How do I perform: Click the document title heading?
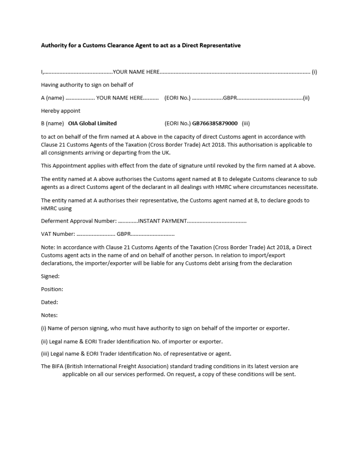141,45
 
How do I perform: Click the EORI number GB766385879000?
215,123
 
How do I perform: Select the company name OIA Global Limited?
92,123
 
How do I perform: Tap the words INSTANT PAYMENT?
162,221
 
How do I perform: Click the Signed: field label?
50,276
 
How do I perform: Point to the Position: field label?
52,289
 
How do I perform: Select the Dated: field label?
49,302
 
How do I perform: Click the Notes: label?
49,315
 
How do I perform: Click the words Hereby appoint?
61,111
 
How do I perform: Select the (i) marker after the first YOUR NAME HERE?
314,72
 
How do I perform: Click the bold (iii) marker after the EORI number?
246,123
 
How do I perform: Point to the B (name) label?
52,123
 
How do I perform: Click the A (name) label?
52,98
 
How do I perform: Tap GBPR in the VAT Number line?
124,234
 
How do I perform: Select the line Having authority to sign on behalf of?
87,85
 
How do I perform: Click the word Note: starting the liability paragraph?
48,247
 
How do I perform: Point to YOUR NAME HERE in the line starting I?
136,72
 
